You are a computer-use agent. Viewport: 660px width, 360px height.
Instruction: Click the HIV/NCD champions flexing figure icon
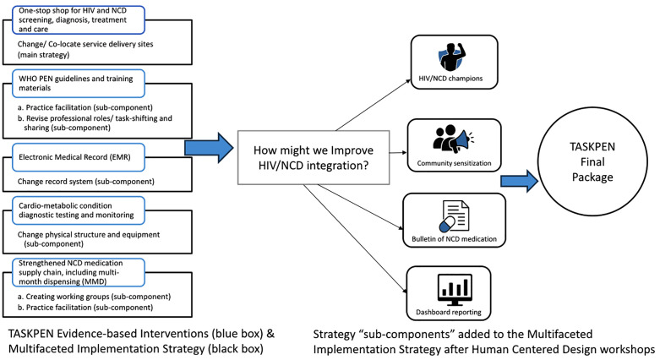(x=450, y=57)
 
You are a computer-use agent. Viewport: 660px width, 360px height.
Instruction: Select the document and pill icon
(x=454, y=216)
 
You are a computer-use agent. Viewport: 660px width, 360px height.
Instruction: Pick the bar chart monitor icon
(x=455, y=290)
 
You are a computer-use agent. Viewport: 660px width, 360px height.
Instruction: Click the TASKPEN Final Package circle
(x=592, y=161)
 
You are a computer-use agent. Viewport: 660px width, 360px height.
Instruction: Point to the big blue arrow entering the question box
(x=210, y=147)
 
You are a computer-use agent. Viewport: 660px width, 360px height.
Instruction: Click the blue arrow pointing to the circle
(x=520, y=181)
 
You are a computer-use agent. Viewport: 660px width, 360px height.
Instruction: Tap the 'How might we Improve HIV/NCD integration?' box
(x=314, y=157)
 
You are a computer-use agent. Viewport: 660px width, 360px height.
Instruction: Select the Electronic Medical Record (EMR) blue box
(x=79, y=157)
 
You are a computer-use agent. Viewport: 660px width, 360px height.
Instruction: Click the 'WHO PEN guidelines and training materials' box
(x=79, y=84)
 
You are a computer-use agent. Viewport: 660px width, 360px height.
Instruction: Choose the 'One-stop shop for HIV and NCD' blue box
(x=79, y=19)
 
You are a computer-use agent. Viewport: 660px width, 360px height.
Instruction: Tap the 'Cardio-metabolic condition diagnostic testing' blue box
(x=79, y=210)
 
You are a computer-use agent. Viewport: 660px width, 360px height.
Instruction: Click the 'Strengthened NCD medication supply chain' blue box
(x=79, y=272)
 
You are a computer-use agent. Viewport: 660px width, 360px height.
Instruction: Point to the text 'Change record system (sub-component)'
(x=86, y=182)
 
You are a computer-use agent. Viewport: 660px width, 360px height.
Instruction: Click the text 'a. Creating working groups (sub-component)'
(x=94, y=297)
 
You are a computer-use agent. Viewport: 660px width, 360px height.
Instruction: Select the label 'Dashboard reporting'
(x=449, y=312)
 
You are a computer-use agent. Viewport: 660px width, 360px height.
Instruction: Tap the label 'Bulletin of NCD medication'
(x=454, y=239)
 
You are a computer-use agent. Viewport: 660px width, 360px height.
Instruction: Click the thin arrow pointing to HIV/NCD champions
(x=373, y=105)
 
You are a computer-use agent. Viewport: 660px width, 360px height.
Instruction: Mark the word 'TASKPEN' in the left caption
(x=30, y=334)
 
